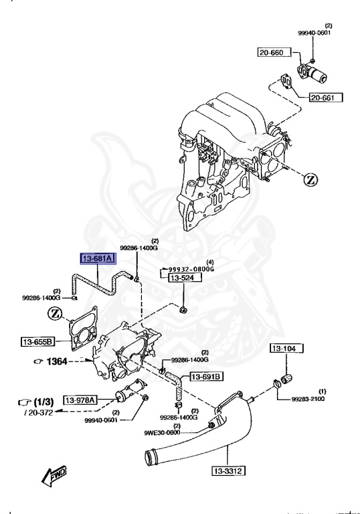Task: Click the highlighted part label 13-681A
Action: [x=98, y=259]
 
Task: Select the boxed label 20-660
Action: [x=274, y=52]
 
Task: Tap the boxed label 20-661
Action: [x=326, y=98]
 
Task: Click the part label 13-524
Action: [x=185, y=278]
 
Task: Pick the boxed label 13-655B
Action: [x=37, y=342]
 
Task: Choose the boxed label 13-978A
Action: [x=80, y=400]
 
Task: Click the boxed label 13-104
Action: [x=287, y=349]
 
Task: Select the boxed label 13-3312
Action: [x=228, y=471]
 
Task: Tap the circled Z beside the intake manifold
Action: [x=311, y=179]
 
